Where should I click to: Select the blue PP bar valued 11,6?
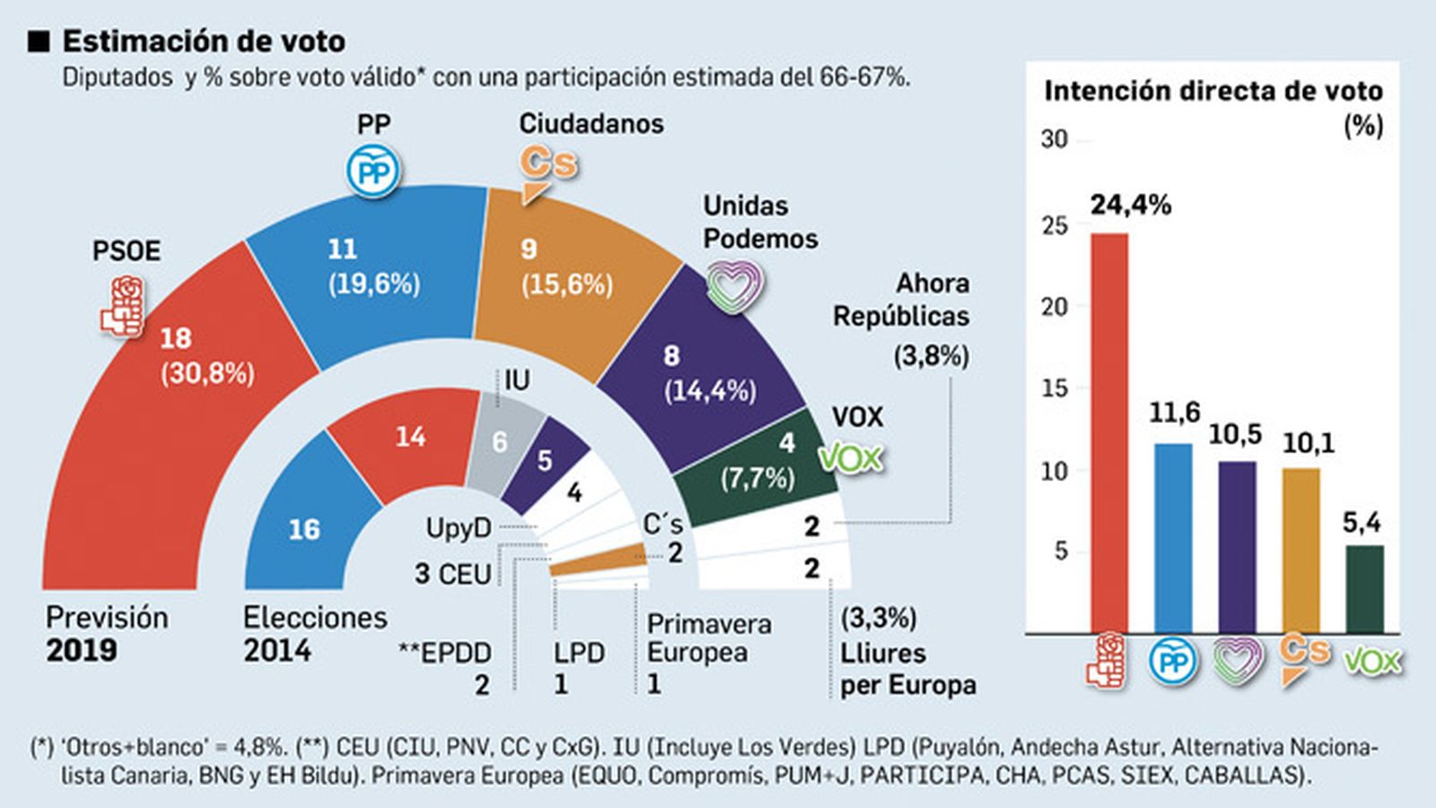(x=1173, y=537)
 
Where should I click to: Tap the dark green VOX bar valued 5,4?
(x=1364, y=588)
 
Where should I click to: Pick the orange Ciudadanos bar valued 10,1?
(x=1300, y=549)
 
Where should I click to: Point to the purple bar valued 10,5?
(x=1237, y=546)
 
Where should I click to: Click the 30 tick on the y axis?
(x=1055, y=140)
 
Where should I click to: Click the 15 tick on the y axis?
(x=1055, y=389)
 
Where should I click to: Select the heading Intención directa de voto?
(x=1213, y=92)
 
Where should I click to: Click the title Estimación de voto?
(x=204, y=41)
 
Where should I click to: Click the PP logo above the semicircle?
(x=373, y=171)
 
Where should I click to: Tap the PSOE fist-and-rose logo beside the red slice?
(x=123, y=306)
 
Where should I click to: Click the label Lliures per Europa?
(x=906, y=669)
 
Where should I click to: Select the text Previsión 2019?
(x=106, y=634)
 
